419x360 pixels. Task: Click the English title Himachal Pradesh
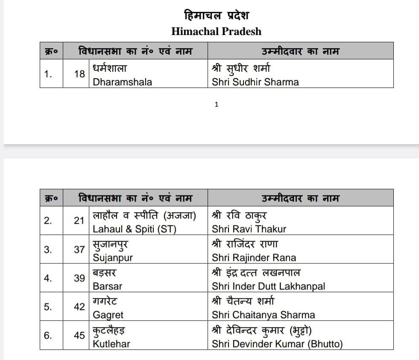coord(216,32)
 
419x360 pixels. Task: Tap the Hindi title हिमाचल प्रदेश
coord(216,16)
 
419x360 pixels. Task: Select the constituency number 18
coord(79,74)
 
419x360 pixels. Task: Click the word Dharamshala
coord(122,82)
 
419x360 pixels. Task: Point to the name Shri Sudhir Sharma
coord(255,82)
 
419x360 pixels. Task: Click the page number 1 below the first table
coord(217,105)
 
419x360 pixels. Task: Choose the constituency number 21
coord(79,221)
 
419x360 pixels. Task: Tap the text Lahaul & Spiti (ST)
coord(134,229)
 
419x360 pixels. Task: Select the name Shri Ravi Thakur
coord(249,229)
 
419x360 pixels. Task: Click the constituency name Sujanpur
coord(113,258)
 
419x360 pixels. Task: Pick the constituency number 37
coord(79,249)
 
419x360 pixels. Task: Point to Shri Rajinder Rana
coord(254,258)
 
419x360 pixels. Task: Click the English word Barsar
coord(107,287)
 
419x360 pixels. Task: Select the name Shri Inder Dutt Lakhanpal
coord(268,287)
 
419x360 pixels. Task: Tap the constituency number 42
coord(79,307)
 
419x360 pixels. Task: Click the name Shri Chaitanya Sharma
coord(263,315)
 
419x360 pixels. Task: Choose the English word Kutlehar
coord(111,344)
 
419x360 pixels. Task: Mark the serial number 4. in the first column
coord(48,278)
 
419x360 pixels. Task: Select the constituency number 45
coord(79,335)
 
